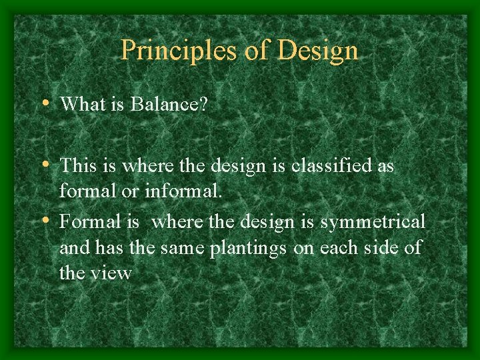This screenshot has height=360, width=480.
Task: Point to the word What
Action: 83,104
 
